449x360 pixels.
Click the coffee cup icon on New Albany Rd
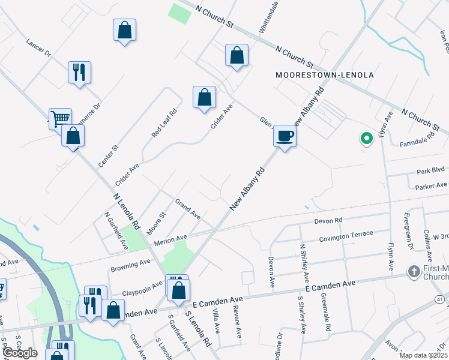[x=285, y=136]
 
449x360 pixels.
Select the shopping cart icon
[x=59, y=119]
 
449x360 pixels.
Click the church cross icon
[x=414, y=272]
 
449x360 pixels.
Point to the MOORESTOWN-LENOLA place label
[x=325, y=75]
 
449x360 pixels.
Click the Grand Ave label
[x=188, y=208]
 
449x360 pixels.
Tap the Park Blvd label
[x=430, y=171]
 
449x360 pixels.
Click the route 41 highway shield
[x=441, y=299]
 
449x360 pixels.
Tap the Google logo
[x=20, y=353]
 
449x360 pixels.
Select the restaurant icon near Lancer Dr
[x=79, y=73]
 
